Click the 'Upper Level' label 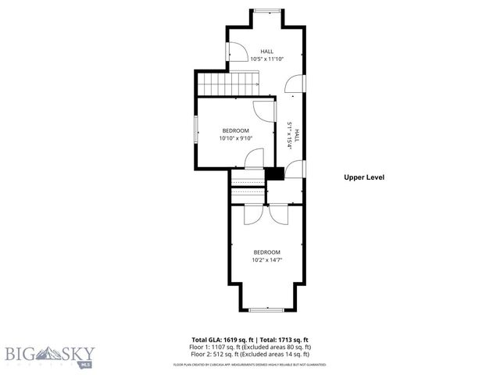click(364, 177)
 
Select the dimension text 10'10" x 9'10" click(235, 138)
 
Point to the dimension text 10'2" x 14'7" click(266, 260)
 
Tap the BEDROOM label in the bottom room click(266, 252)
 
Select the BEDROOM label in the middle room click(235, 130)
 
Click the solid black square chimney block click(274, 174)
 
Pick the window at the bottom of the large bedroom click(266, 310)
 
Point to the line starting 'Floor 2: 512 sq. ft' click(252, 354)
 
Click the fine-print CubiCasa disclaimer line click(250, 365)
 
